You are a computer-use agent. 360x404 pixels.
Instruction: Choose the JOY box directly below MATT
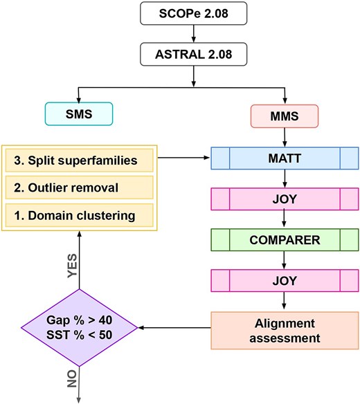285,199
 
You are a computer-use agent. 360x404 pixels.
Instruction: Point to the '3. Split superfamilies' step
80,160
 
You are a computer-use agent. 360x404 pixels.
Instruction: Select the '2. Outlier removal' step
80,187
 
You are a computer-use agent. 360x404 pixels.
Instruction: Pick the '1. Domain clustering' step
80,215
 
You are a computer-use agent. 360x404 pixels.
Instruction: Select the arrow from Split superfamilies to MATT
185,160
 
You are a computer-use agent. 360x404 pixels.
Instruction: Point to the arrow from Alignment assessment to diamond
174,329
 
